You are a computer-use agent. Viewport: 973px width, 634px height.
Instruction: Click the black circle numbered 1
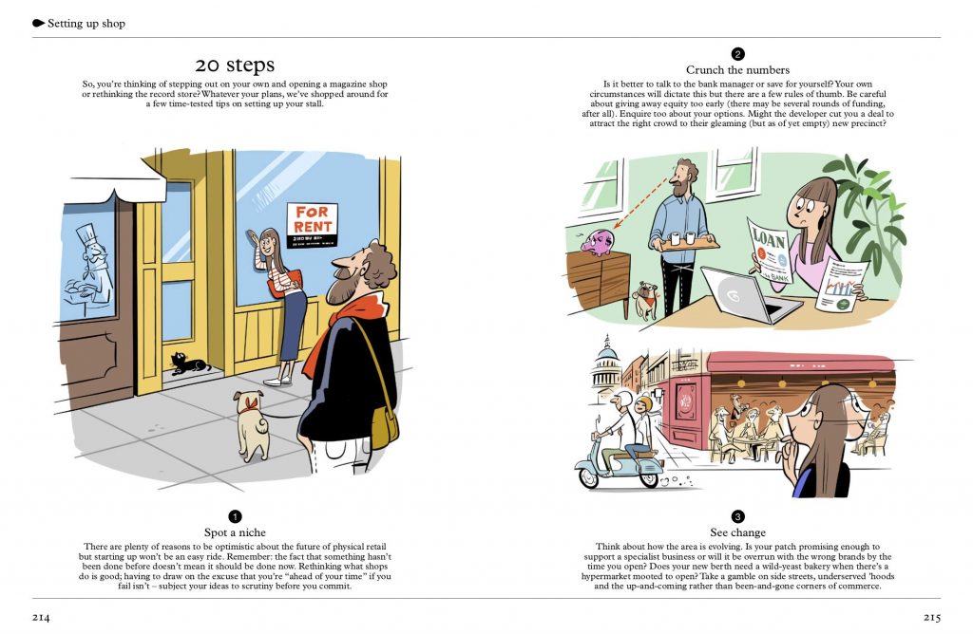coord(235,516)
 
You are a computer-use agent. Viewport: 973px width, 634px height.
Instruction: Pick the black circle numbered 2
coord(737,54)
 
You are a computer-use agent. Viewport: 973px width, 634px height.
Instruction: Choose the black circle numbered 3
coord(737,516)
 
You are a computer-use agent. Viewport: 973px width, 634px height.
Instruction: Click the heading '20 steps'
coord(235,65)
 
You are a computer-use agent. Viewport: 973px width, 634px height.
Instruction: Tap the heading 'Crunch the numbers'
coord(737,70)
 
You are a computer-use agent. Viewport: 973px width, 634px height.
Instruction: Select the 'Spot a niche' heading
coord(235,532)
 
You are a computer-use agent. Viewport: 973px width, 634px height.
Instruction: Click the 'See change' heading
coord(737,532)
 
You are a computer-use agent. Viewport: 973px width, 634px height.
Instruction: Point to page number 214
coord(41,617)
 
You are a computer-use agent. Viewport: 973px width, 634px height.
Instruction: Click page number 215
coord(931,617)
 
